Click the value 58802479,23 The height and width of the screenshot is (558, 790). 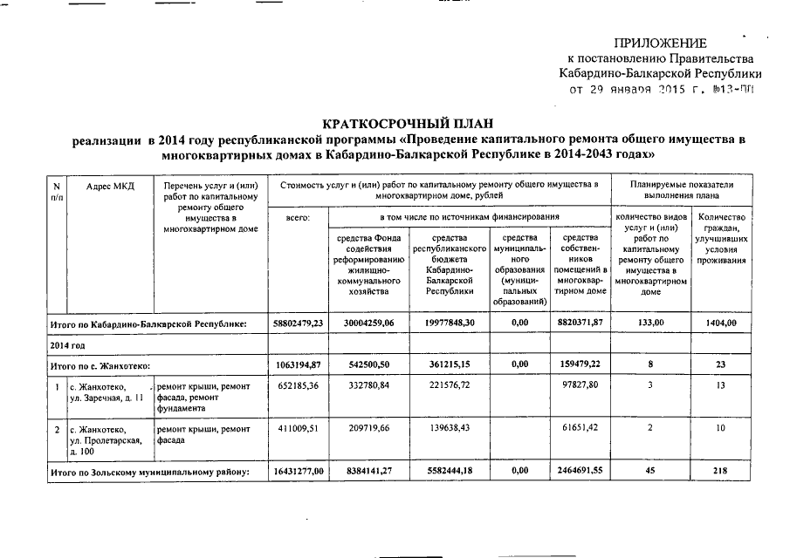point(299,323)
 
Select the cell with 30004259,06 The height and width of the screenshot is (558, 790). point(368,323)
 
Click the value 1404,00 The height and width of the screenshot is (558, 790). point(721,323)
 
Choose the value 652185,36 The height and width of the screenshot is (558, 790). point(299,386)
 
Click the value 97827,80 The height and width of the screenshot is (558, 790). point(581,386)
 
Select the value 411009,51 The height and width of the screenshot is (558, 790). point(299,430)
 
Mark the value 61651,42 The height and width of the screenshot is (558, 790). point(581,430)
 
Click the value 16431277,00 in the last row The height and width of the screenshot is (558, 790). point(299,472)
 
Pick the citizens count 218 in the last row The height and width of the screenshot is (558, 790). point(721,472)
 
